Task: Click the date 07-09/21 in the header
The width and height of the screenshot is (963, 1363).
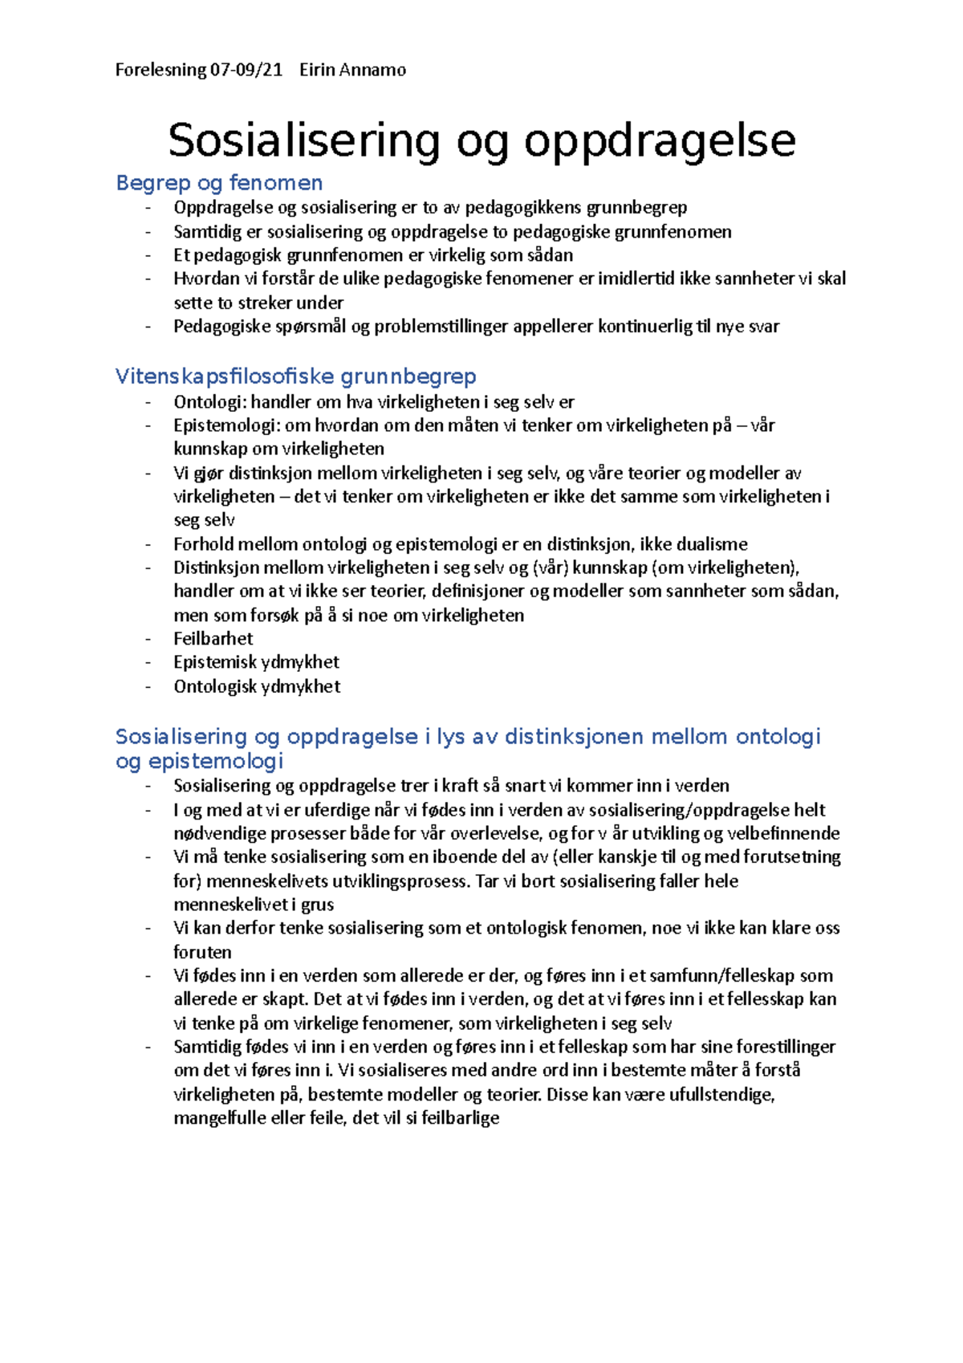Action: point(246,70)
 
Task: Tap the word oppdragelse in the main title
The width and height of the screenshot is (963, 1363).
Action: point(660,140)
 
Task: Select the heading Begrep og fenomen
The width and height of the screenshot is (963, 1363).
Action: point(219,183)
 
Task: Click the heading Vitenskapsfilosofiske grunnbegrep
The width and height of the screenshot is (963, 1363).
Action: point(295,376)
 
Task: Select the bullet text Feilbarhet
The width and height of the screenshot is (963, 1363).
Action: point(213,639)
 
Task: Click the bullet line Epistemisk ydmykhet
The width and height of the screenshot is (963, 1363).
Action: point(256,662)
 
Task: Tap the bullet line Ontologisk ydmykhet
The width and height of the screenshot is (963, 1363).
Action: point(257,686)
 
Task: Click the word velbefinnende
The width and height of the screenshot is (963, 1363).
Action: point(782,833)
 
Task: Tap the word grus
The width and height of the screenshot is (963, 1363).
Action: point(317,905)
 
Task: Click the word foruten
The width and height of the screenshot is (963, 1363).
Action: point(202,953)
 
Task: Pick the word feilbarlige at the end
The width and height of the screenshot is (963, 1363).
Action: point(460,1118)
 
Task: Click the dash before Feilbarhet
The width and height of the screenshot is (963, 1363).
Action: point(148,639)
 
